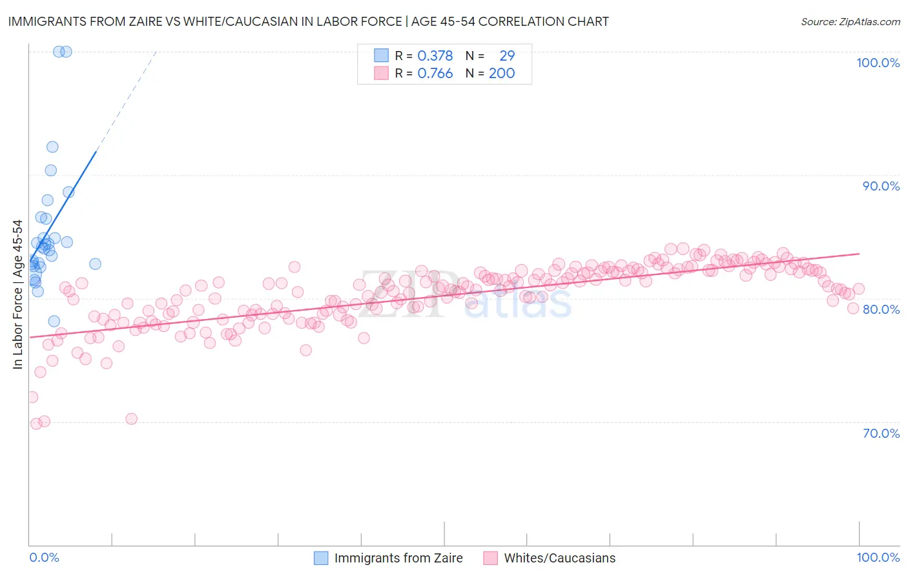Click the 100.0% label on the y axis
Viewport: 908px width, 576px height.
pyautogui.click(x=878, y=63)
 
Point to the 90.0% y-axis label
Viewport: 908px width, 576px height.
pyautogui.click(x=881, y=186)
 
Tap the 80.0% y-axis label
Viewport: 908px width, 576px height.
pyautogui.click(x=881, y=309)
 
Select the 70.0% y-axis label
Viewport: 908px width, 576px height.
pyautogui.click(x=881, y=433)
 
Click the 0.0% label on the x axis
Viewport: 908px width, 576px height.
pyautogui.click(x=44, y=557)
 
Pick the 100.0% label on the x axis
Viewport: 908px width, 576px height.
pyautogui.click(x=878, y=557)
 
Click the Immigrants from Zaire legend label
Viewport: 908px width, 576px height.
pyautogui.click(x=398, y=558)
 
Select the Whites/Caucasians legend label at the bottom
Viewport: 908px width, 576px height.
pyautogui.click(x=559, y=558)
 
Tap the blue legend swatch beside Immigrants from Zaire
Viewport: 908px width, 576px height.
pyautogui.click(x=321, y=558)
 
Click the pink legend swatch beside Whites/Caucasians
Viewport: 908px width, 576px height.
pyautogui.click(x=490, y=558)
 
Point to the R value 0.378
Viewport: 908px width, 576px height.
pyautogui.click(x=435, y=56)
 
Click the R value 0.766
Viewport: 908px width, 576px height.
pyautogui.click(x=435, y=74)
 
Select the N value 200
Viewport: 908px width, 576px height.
pyautogui.click(x=502, y=74)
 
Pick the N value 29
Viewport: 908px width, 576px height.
pyautogui.click(x=507, y=56)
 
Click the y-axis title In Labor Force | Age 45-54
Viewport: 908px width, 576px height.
pyautogui.click(x=18, y=294)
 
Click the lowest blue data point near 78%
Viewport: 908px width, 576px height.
pyautogui.click(x=54, y=322)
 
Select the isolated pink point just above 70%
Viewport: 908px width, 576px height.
pyautogui.click(x=131, y=419)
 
